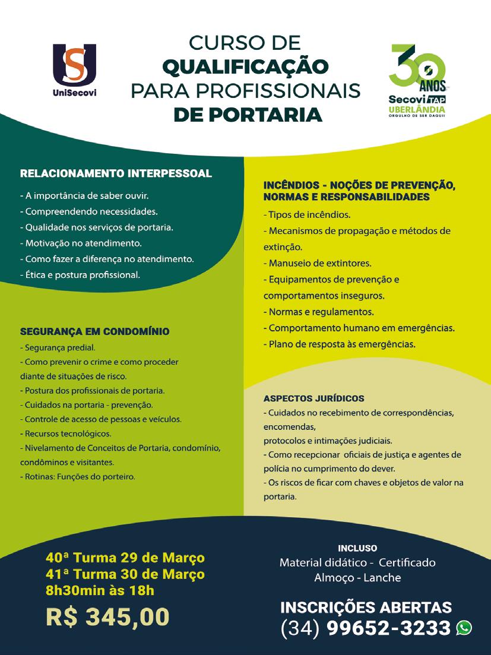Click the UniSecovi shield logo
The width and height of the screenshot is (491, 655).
coord(74,65)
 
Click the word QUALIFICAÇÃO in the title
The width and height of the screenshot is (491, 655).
coord(245,66)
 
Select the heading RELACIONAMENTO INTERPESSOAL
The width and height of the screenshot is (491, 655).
coord(116,174)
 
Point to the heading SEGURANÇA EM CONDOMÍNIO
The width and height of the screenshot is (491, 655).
coord(95,331)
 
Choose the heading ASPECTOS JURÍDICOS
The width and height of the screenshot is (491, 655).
coord(313,398)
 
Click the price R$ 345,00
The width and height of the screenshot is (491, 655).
coord(107,616)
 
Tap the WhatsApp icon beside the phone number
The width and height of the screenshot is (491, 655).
coord(464,627)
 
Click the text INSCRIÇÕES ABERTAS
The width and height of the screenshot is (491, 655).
coord(366,607)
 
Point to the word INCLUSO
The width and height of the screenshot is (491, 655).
coord(357,548)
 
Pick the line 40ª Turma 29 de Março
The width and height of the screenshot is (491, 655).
coord(125,558)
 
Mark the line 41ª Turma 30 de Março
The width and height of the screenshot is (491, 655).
coord(125,574)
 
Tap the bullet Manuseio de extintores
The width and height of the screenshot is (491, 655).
coord(319,262)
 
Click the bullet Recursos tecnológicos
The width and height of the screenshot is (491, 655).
coord(66,433)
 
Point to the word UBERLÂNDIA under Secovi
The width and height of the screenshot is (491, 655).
coord(416,110)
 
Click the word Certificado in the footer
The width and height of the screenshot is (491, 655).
coord(407,562)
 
